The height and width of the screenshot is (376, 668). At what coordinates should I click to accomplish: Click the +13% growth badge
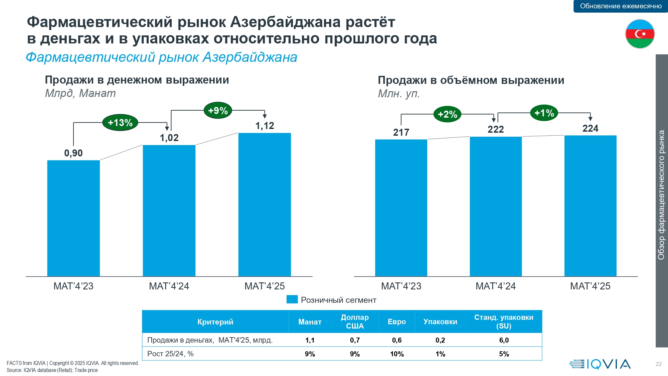pyautogui.click(x=120, y=123)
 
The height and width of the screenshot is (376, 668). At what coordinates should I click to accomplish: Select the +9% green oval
pyautogui.click(x=218, y=111)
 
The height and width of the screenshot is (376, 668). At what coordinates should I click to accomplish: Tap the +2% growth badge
pyautogui.click(x=447, y=114)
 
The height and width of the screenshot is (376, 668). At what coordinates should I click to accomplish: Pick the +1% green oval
pyautogui.click(x=544, y=113)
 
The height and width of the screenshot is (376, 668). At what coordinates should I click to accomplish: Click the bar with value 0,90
pyautogui.click(x=73, y=218)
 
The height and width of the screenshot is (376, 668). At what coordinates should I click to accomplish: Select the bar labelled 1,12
pyautogui.click(x=265, y=205)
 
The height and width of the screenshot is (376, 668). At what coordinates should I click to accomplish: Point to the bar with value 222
pyautogui.click(x=496, y=206)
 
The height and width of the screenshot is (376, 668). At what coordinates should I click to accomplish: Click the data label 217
pyautogui.click(x=401, y=132)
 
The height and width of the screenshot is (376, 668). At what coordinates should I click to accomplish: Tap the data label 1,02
pyautogui.click(x=169, y=138)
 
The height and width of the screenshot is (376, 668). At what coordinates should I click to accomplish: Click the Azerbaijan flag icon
pyautogui.click(x=640, y=34)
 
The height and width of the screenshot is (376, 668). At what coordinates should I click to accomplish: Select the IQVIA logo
pyautogui.click(x=600, y=364)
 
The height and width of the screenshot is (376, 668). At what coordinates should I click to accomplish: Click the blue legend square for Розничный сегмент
pyautogui.click(x=292, y=299)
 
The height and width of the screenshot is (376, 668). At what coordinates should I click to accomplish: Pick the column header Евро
pyautogui.click(x=397, y=322)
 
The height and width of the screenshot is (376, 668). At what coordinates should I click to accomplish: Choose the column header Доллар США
pyautogui.click(x=355, y=322)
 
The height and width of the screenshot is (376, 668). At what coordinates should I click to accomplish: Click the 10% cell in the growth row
pyautogui.click(x=397, y=354)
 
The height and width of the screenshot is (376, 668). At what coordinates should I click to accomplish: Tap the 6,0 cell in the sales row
pyautogui.click(x=504, y=340)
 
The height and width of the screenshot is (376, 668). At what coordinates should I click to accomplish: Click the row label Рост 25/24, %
pyautogui.click(x=170, y=354)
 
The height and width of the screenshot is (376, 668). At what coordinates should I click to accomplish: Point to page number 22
pyautogui.click(x=658, y=364)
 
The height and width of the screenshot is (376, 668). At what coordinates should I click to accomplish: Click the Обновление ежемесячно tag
pyautogui.click(x=621, y=6)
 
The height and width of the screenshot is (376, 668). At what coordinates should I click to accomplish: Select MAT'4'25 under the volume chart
pyautogui.click(x=590, y=286)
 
